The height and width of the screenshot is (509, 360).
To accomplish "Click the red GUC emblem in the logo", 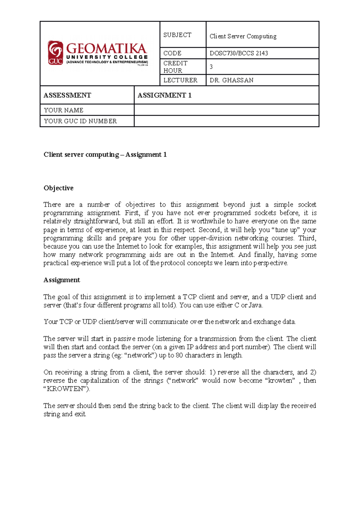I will [x=55, y=53].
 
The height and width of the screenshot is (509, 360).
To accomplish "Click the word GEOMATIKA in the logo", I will [x=106, y=49].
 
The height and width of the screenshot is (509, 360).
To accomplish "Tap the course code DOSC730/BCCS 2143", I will [x=239, y=53].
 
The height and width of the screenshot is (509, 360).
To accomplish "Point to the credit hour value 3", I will [x=211, y=67].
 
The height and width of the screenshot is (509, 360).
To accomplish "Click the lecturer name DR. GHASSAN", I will [x=232, y=80].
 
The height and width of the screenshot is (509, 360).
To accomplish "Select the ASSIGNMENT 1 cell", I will [x=164, y=95].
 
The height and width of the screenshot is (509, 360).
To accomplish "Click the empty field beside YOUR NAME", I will [x=226, y=110].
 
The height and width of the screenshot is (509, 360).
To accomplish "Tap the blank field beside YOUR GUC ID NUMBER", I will [x=226, y=121].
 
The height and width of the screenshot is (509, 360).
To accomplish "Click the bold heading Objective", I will [x=58, y=188].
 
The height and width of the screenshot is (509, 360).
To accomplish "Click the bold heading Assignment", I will [x=62, y=280].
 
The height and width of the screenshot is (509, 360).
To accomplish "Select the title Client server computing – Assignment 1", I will [x=105, y=155].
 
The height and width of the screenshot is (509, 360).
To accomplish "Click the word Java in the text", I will [x=256, y=305].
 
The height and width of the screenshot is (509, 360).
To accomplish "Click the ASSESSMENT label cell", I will [x=67, y=95].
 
